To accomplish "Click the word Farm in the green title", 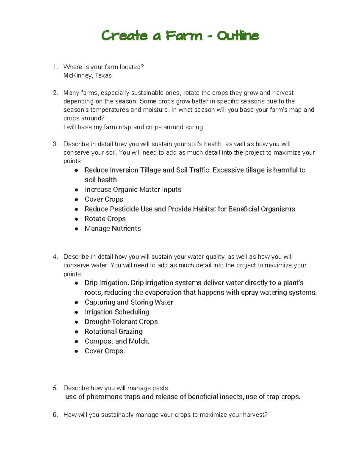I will [184, 36].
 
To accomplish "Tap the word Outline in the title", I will [238, 36].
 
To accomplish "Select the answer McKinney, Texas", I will [87, 76].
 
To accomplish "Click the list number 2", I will [55, 93].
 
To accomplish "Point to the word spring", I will [194, 127].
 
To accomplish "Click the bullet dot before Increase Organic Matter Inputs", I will [76, 190].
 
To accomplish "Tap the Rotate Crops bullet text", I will [105, 219].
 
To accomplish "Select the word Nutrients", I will [126, 229].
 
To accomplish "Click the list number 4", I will [55, 257].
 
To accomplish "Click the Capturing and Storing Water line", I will [129, 302].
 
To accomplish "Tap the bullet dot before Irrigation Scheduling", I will [76, 312].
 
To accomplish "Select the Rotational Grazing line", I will [113, 332].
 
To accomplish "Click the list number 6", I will [55, 415].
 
